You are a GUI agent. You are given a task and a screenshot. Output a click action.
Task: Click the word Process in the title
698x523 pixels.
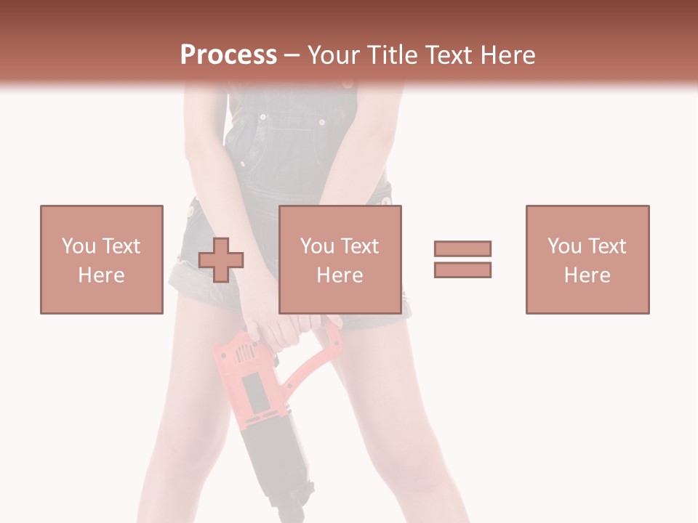click(x=228, y=55)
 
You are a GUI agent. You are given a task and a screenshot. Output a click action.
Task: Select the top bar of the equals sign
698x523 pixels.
click(x=462, y=249)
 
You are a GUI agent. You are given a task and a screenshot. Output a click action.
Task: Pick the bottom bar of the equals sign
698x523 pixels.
click(x=462, y=269)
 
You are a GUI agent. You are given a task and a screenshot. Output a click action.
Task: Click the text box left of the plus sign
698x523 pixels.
click(x=101, y=259)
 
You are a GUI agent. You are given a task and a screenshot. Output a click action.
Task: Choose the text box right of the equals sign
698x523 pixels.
click(x=587, y=259)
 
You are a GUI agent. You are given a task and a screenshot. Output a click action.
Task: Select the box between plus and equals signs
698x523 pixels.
click(x=340, y=259)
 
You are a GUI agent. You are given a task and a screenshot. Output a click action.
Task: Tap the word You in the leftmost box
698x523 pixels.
click(x=78, y=246)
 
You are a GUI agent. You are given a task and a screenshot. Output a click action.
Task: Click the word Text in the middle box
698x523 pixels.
click(x=359, y=246)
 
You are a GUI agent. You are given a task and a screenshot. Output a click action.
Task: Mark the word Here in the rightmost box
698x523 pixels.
click(x=587, y=275)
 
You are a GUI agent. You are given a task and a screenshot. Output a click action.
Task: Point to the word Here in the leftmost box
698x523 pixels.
click(x=101, y=275)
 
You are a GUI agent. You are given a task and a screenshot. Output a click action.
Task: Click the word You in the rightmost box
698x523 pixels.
click(x=563, y=246)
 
